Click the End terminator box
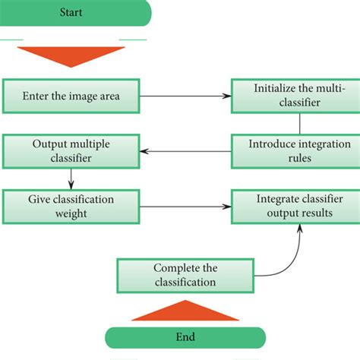pyautogui.click(x=185, y=337)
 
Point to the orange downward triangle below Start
pyautogui.click(x=70, y=58)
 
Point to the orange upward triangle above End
pyautogui.click(x=185, y=311)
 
